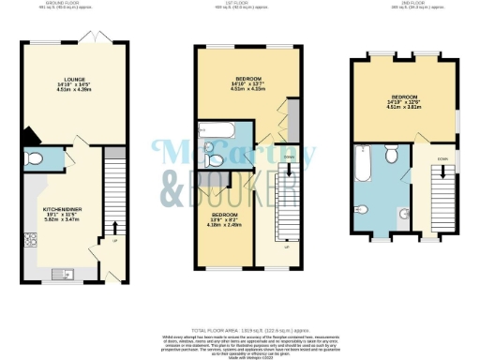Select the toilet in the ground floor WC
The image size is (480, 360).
[35, 157]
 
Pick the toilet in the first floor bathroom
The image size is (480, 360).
[214, 159]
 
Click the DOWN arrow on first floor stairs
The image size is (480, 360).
[289, 170]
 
